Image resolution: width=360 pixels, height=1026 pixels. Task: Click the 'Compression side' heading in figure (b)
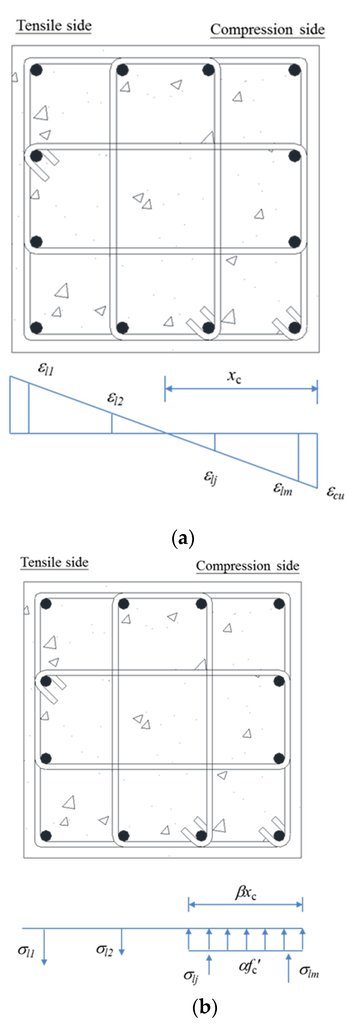pyautogui.click(x=247, y=566)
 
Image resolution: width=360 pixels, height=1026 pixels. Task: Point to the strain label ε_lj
pyautogui.click(x=210, y=477)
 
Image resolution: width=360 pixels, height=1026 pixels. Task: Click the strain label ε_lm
pyautogui.click(x=282, y=489)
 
